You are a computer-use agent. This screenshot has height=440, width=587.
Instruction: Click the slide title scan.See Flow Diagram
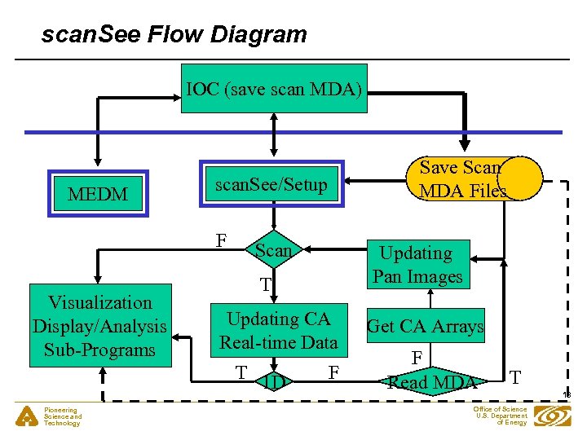[x=174, y=34]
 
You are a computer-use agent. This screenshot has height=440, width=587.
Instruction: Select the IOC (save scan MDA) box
[x=273, y=88]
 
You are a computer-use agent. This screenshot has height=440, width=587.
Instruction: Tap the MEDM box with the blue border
[x=98, y=195]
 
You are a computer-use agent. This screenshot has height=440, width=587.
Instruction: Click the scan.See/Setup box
[x=271, y=185]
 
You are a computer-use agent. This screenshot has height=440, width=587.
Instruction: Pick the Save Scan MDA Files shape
[x=462, y=178]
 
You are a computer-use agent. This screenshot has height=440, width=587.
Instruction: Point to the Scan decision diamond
[x=272, y=251]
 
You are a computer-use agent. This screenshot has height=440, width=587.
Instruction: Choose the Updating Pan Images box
[x=417, y=264]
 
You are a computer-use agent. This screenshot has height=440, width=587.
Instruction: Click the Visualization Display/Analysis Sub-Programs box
[x=99, y=326]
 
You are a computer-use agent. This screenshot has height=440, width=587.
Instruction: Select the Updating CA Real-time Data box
[x=278, y=330]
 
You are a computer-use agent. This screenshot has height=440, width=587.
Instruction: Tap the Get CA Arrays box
[x=425, y=326]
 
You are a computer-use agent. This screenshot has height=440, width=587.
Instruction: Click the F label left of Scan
[x=220, y=241]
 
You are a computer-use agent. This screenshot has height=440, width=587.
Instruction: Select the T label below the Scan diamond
[x=265, y=284]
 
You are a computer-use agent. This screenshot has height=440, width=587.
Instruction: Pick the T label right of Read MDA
[x=514, y=376]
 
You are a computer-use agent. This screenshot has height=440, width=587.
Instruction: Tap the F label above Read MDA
[x=416, y=357]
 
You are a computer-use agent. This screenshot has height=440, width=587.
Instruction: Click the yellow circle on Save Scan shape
[x=520, y=178]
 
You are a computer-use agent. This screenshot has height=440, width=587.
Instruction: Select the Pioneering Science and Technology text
[x=63, y=416]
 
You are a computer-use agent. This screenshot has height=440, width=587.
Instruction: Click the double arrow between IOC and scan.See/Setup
[x=275, y=134]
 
